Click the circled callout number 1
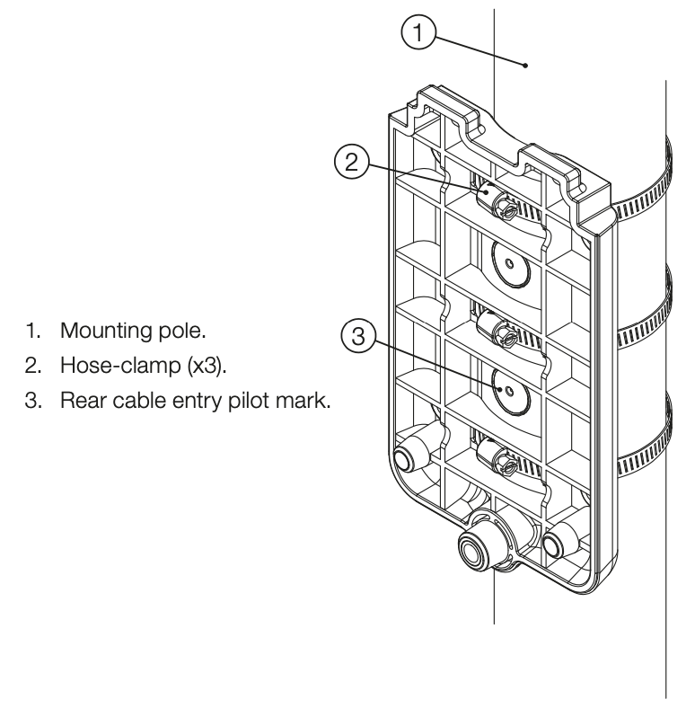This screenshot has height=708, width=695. coord(418,32)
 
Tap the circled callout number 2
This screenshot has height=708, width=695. coord(352,161)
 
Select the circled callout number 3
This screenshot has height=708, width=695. coord(358,336)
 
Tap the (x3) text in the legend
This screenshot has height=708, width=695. coord(207,366)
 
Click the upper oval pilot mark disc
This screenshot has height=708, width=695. coord(510,263)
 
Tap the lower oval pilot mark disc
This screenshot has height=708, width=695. coord(510,391)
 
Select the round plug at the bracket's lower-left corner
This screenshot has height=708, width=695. coord(402,461)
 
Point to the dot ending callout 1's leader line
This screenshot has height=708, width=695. coord(525,66)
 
